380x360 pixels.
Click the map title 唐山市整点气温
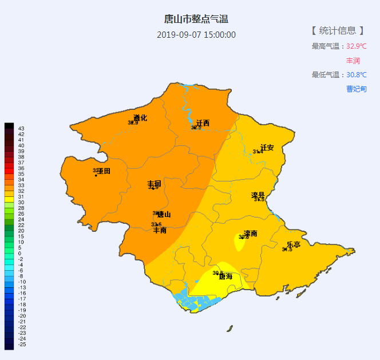point(196,20)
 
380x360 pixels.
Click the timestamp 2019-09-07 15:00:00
point(196,35)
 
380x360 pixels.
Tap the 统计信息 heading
point(338,30)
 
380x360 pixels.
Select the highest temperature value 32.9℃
point(356,46)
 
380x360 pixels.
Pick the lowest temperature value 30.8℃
point(356,74)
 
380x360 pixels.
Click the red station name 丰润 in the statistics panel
point(353,60)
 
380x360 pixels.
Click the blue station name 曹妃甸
point(356,89)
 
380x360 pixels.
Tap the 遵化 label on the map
point(140,118)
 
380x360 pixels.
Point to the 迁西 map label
point(203,123)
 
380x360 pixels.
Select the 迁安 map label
point(267,148)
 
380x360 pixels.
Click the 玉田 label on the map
point(104,171)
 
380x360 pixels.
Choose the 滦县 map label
point(258,196)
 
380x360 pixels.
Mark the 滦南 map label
point(250,233)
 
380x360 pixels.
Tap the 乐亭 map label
point(293,244)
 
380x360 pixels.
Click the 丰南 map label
point(160,230)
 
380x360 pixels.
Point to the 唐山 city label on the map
point(164,215)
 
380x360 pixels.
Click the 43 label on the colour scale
point(21,128)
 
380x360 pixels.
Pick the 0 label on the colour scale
point(19,253)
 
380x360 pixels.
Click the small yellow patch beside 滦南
point(239,243)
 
